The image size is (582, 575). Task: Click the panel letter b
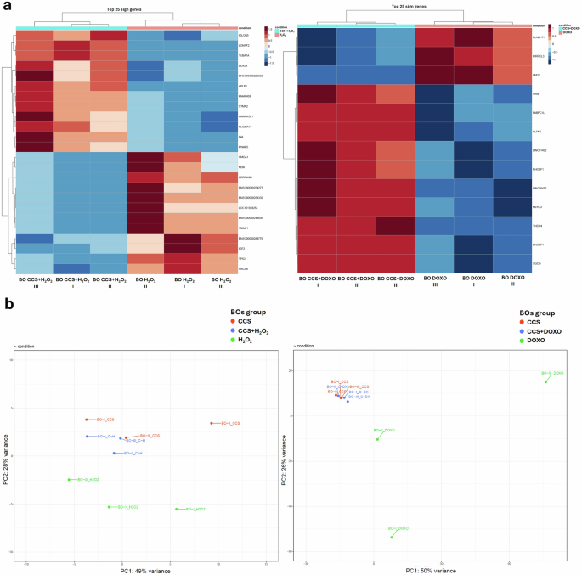(x=7, y=302)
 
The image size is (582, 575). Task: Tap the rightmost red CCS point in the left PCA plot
(x=212, y=423)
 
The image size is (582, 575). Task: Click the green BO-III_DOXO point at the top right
(x=546, y=381)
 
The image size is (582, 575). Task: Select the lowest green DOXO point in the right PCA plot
(x=392, y=537)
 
